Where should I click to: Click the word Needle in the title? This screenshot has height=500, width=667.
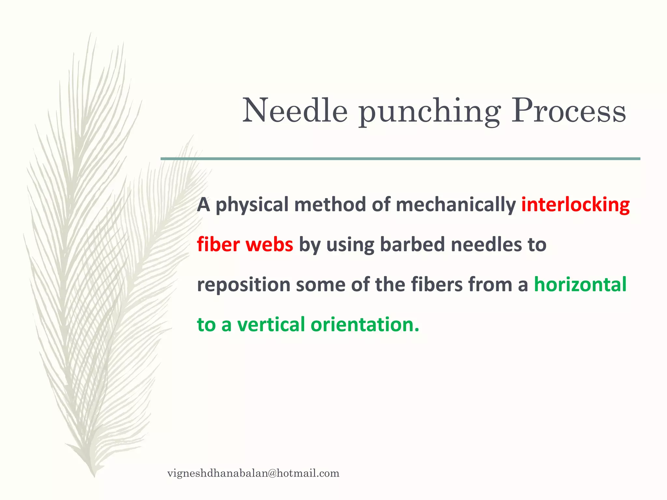coord(295,111)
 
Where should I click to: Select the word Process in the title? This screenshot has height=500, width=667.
coord(568,111)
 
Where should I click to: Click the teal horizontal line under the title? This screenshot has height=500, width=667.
coord(400,159)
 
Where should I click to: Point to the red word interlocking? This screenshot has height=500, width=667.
coord(575,205)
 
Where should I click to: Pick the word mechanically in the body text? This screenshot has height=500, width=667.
coord(456,205)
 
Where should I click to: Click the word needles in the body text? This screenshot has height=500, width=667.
coord(483,245)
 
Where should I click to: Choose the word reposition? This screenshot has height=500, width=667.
coord(244,285)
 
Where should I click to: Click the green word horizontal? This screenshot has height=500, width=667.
coord(580,285)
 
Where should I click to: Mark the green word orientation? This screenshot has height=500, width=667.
coord(365,325)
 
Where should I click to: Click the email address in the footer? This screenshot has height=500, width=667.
coord(253,473)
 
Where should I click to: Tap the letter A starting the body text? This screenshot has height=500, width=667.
coord(204,205)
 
